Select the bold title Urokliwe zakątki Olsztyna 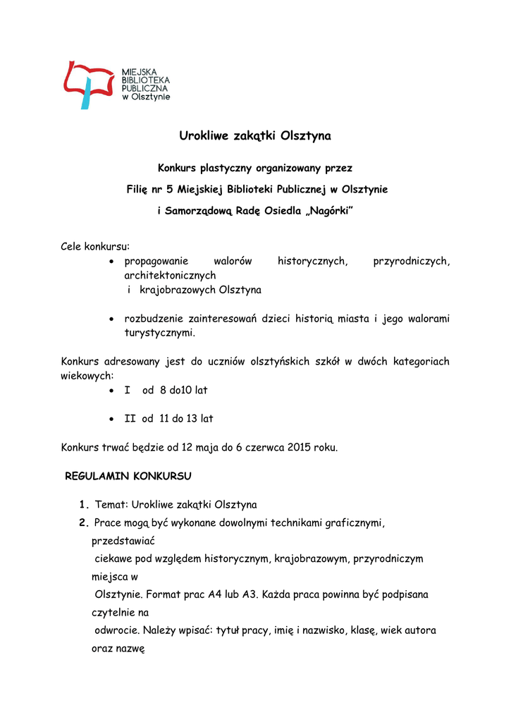point(254,135)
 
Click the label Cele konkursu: point(95,247)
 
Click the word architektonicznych point(170,276)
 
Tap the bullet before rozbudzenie point(112,319)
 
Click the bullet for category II point(112,419)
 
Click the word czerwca point(265,447)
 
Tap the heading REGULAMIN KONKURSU point(128,476)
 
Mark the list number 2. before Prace point(84,523)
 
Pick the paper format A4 point(216,594)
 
